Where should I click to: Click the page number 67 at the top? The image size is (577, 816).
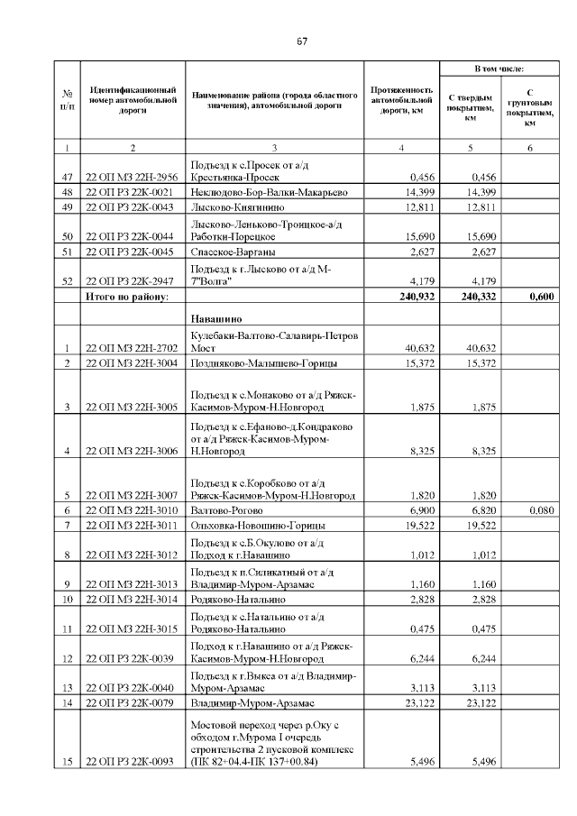coord(302,41)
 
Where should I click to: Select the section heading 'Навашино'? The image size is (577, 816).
coord(216,319)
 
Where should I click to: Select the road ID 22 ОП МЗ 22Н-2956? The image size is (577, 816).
coord(132,177)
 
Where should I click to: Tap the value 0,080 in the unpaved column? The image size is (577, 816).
coord(539,509)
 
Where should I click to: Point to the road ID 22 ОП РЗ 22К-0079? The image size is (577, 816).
coord(132,701)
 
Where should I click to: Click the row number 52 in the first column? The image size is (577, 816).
coord(67,280)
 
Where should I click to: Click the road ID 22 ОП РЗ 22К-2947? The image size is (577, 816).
coord(132,280)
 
